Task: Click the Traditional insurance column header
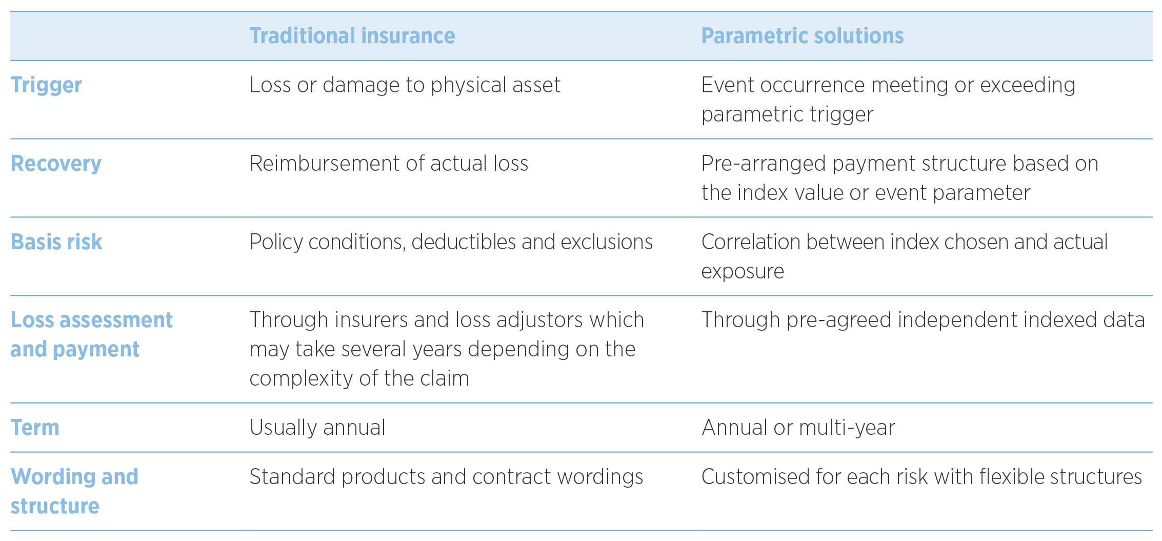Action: [352, 36]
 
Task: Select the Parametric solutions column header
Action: [802, 36]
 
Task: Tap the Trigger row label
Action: [46, 85]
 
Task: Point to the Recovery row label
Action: [56, 164]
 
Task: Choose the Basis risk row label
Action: [56, 242]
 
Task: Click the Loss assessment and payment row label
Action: [91, 334]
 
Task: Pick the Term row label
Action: [35, 428]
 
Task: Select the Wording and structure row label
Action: [74, 491]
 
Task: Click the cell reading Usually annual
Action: [317, 428]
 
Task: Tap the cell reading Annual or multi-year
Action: [798, 428]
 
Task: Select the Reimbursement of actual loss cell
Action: [389, 164]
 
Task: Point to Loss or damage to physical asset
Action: [405, 85]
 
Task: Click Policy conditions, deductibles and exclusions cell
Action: [451, 242]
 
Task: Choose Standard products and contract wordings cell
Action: [446, 477]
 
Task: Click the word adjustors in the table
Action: [540, 320]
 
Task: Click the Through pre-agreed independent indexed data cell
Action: [923, 320]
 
